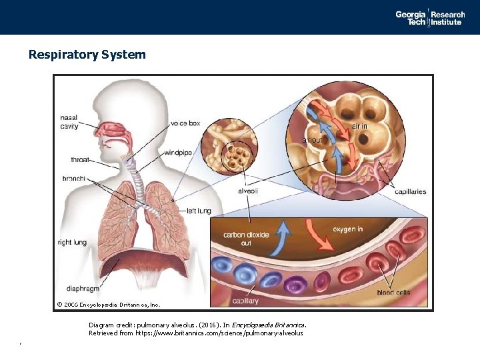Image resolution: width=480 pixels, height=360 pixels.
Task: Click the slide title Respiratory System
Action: click(x=87, y=55)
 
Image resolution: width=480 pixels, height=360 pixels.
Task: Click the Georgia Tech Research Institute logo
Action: click(x=429, y=18)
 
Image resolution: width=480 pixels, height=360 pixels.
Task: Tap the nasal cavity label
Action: click(x=69, y=122)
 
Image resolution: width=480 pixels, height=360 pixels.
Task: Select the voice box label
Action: click(x=185, y=123)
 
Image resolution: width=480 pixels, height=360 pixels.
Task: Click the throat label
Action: click(x=79, y=160)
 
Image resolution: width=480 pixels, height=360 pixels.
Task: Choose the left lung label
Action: click(x=198, y=211)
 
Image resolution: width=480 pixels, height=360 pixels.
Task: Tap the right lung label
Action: click(x=72, y=243)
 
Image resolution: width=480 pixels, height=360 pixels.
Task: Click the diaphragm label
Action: click(x=83, y=289)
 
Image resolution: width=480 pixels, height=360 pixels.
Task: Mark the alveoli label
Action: click(x=247, y=191)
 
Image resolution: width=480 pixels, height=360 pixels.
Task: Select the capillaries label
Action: click(x=410, y=192)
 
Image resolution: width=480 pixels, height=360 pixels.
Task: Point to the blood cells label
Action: click(x=393, y=293)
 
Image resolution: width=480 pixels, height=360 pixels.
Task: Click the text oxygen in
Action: click(x=347, y=229)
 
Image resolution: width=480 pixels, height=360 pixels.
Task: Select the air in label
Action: click(x=359, y=126)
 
